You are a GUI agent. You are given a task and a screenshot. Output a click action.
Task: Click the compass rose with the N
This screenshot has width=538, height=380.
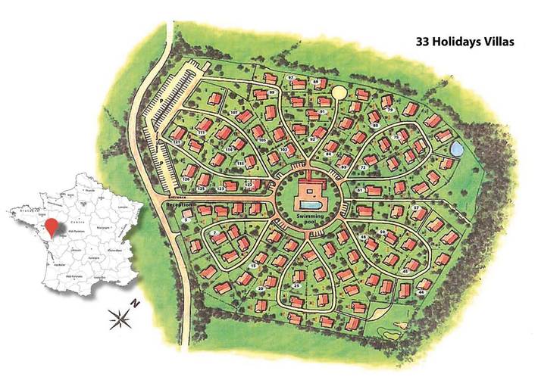[x=121, y=319]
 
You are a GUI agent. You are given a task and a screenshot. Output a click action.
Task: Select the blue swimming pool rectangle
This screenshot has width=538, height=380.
[x=308, y=205]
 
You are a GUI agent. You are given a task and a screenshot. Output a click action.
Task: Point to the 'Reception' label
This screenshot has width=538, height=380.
[x=179, y=206]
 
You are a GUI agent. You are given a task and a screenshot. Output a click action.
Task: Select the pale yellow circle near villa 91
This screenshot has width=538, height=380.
[x=339, y=92]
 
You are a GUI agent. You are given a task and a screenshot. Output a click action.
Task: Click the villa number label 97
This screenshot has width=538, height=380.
[x=291, y=78]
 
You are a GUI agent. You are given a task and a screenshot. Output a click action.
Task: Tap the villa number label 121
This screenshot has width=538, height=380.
[x=177, y=142]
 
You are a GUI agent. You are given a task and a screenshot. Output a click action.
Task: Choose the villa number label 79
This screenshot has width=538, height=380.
[x=390, y=111]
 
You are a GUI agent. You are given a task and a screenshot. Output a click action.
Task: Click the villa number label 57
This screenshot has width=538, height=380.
[x=415, y=207]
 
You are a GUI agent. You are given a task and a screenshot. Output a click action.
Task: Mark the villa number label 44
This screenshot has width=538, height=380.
[x=421, y=290]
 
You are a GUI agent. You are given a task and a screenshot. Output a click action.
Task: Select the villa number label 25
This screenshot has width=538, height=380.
[x=296, y=285]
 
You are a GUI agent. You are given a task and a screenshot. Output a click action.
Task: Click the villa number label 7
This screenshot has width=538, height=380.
[x=215, y=232]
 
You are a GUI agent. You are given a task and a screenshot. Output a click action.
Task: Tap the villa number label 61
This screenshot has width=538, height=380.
[x=360, y=190]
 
